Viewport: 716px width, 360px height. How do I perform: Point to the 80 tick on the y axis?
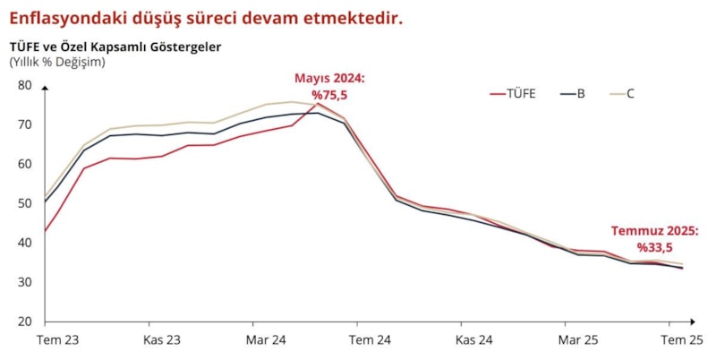[x=24, y=85]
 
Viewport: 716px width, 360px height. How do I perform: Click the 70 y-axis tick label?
[x=24, y=124]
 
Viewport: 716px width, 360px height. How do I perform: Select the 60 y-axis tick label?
[x=24, y=164]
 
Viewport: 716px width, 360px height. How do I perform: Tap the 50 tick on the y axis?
[x=24, y=203]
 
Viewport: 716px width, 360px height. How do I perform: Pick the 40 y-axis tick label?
[x=24, y=243]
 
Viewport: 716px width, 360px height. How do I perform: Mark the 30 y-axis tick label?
[x=24, y=282]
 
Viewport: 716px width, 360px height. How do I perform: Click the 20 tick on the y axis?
[x=24, y=321]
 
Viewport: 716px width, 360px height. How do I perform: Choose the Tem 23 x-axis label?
[x=57, y=340]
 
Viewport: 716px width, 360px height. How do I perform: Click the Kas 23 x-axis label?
[x=162, y=340]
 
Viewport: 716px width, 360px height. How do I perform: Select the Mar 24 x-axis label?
[x=266, y=340]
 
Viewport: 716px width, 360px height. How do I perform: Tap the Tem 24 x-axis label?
[x=370, y=340]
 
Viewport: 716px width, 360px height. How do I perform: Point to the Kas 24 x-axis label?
[x=473, y=340]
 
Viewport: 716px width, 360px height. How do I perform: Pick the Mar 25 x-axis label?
[x=578, y=340]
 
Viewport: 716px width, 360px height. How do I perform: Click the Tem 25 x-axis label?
[x=682, y=340]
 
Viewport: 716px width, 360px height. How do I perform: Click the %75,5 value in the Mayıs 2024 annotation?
[x=329, y=93]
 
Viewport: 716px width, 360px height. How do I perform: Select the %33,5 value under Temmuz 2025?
[x=655, y=245]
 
